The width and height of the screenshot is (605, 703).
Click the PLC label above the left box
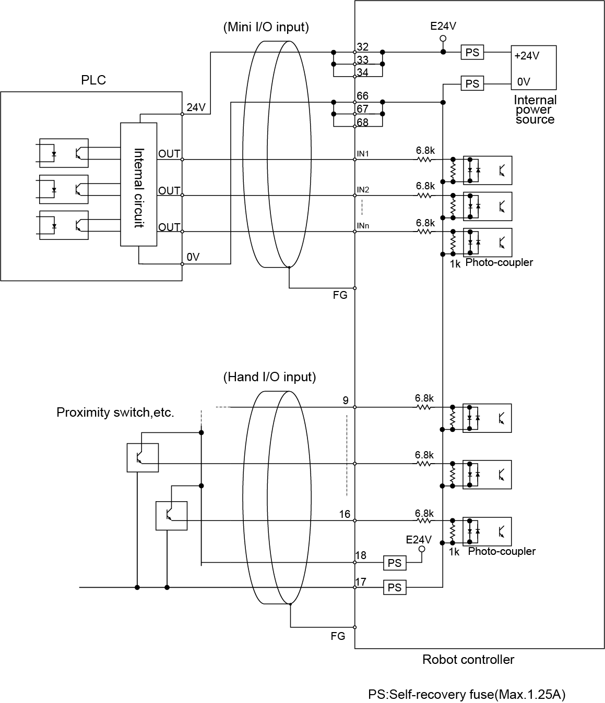pyautogui.click(x=93, y=80)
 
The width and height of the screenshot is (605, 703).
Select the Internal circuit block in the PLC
pyautogui.click(x=139, y=184)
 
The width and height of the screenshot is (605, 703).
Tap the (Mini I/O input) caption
pyautogui.click(x=266, y=27)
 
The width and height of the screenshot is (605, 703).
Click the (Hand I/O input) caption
pyautogui.click(x=269, y=377)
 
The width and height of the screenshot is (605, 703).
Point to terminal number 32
pyautogui.click(x=362, y=47)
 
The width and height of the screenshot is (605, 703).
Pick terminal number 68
pyautogui.click(x=362, y=122)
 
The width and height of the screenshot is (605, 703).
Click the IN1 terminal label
pyautogui.click(x=363, y=154)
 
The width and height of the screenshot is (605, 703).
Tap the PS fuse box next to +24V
pyautogui.click(x=472, y=52)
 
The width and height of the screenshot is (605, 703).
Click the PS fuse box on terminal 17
pyautogui.click(x=395, y=588)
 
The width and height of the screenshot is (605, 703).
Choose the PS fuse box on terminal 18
pyautogui.click(x=395, y=563)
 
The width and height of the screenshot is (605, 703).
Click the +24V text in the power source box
pyautogui.click(x=527, y=56)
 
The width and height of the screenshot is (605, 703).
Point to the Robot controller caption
pyautogui.click(x=468, y=660)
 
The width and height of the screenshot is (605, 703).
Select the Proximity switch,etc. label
pyautogui.click(x=115, y=413)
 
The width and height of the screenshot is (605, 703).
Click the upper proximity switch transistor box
pyautogui.click(x=143, y=457)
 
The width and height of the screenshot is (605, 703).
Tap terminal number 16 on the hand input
pyautogui.click(x=345, y=514)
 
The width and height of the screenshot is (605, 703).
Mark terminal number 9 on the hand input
pyautogui.click(x=346, y=401)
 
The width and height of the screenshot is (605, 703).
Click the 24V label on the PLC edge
pyautogui.click(x=196, y=107)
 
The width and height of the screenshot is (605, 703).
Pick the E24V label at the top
pyautogui.click(x=443, y=26)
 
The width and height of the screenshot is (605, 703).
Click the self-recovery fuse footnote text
pyautogui.click(x=467, y=694)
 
